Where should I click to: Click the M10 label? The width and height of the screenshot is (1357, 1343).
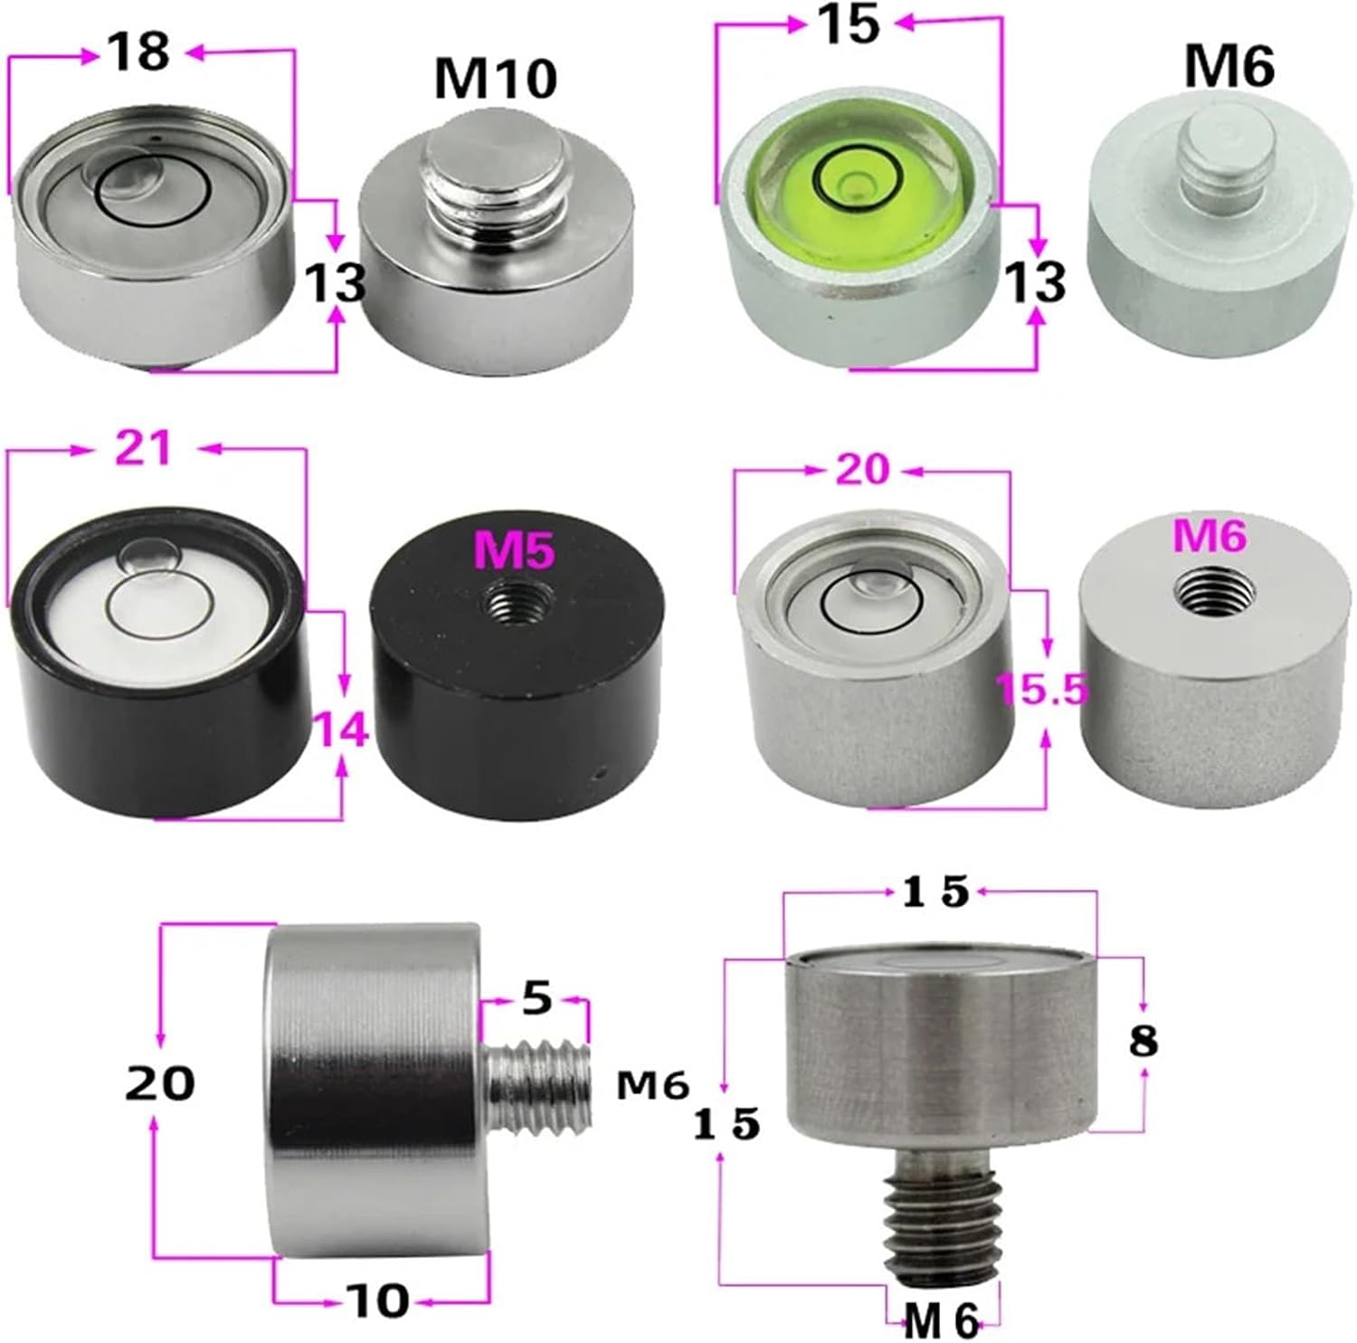click(494, 79)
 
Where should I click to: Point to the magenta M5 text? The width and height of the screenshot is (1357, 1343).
click(514, 551)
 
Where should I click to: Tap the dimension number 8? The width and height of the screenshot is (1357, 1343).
click(1143, 1042)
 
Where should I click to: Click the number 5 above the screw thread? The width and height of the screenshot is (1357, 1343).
click(536, 998)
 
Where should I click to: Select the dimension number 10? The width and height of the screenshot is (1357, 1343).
click(380, 1300)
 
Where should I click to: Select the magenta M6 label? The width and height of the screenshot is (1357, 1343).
click(1210, 537)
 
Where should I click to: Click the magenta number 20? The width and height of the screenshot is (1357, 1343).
click(862, 469)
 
